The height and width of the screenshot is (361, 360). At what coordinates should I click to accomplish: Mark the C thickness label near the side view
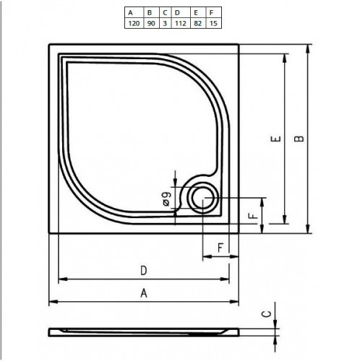265,313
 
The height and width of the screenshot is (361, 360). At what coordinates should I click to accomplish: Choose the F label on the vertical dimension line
251,216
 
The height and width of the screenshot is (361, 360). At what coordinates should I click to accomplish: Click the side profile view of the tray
144,332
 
